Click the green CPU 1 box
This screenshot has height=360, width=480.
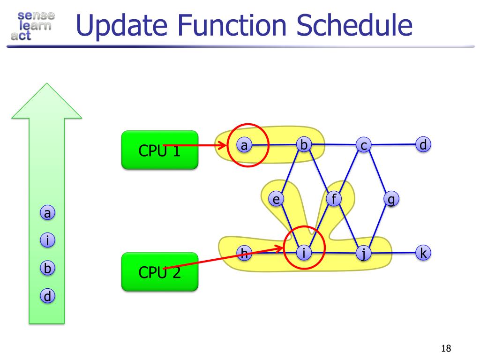[159, 150]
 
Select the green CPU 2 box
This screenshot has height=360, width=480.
[159, 271]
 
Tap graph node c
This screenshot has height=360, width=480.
[363, 145]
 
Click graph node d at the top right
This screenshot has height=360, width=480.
[423, 145]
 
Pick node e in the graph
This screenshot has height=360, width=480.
[277, 200]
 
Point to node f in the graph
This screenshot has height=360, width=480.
[334, 199]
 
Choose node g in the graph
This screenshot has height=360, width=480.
[390, 200]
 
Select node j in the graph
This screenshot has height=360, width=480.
[363, 254]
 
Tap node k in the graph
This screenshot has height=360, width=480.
[423, 253]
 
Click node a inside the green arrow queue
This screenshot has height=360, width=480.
[47, 213]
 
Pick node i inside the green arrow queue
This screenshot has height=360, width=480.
[47, 241]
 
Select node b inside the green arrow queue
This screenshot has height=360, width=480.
[47, 269]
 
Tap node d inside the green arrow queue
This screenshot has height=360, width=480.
[47, 296]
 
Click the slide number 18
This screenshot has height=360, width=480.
[446, 348]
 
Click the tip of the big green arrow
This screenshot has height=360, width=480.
[46, 85]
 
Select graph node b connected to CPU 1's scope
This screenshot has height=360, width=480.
[304, 145]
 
